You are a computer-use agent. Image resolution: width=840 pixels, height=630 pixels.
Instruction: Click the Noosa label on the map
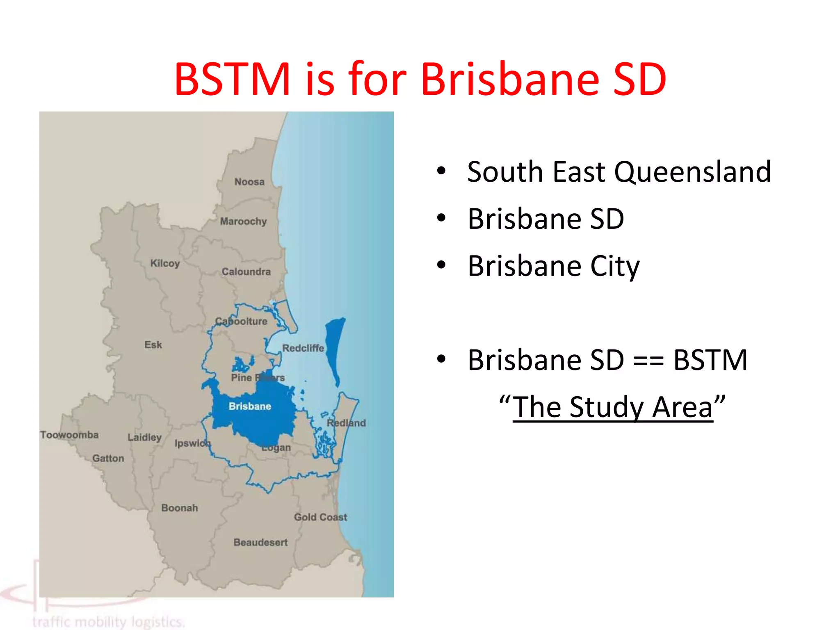pos(249,182)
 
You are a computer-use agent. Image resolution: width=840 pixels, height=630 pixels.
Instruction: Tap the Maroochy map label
pos(243,221)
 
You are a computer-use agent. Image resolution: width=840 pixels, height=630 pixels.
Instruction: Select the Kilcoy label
pos(165,263)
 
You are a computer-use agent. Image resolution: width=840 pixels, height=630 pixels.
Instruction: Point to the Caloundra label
pos(246,272)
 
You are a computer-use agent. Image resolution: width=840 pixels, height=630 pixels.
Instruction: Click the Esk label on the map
pos(153,345)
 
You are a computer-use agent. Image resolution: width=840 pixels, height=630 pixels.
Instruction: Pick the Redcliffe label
pos(303,348)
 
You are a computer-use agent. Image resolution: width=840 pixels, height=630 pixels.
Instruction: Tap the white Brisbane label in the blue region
pos(250,406)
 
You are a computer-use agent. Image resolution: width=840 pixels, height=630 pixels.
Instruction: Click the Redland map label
pos(346,423)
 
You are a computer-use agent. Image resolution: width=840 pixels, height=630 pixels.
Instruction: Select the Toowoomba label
pos(69,435)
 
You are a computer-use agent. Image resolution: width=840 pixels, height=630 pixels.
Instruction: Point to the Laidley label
pos(144,437)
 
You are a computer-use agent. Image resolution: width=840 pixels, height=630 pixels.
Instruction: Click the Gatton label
pos(108,458)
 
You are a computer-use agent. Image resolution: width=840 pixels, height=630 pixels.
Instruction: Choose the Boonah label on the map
pos(179,508)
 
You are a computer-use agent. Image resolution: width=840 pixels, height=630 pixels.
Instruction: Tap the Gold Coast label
pos(320,517)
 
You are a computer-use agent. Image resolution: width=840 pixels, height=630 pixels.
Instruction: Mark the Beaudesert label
pos(260,542)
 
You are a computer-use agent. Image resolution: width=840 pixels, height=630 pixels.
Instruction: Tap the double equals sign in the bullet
pos(648,361)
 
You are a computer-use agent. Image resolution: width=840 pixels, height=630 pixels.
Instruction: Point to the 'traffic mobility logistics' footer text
pos(109,621)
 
